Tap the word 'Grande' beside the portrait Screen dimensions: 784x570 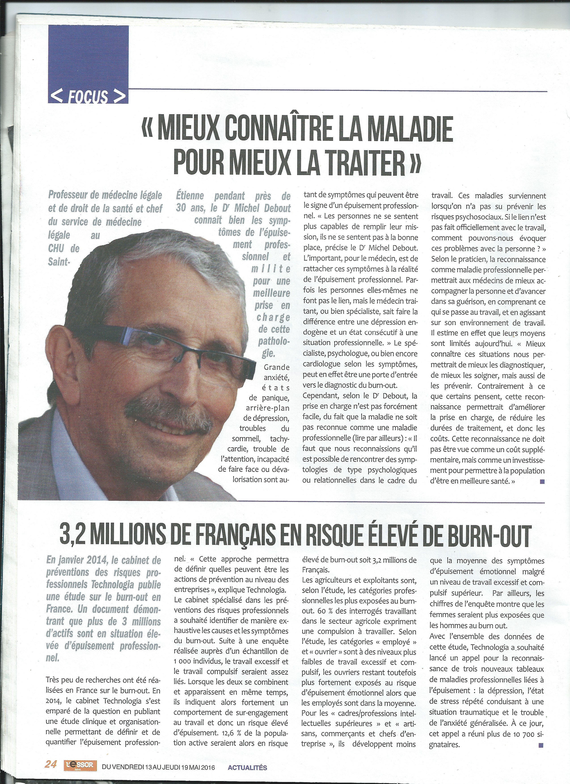pyautogui.click(x=277, y=367)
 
